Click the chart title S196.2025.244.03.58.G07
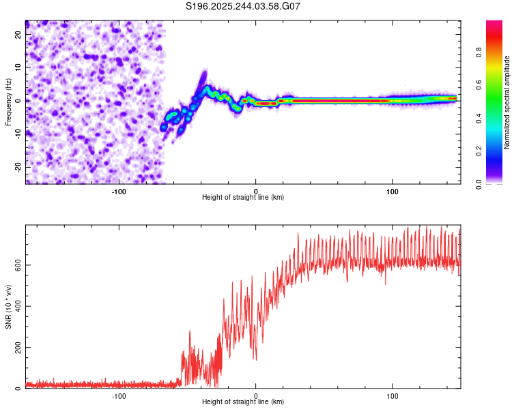pyautogui.click(x=243, y=6)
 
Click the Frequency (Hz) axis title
pyautogui.click(x=8, y=101)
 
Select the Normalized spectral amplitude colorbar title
pyautogui.click(x=507, y=101)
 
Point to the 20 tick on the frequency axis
pyautogui.click(x=18, y=34)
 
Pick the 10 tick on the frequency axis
pyautogui.click(x=18, y=67)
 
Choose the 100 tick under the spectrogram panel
pyautogui.click(x=393, y=190)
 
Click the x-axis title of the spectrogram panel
pyautogui.click(x=243, y=197)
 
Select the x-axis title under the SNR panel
pyautogui.click(x=243, y=402)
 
